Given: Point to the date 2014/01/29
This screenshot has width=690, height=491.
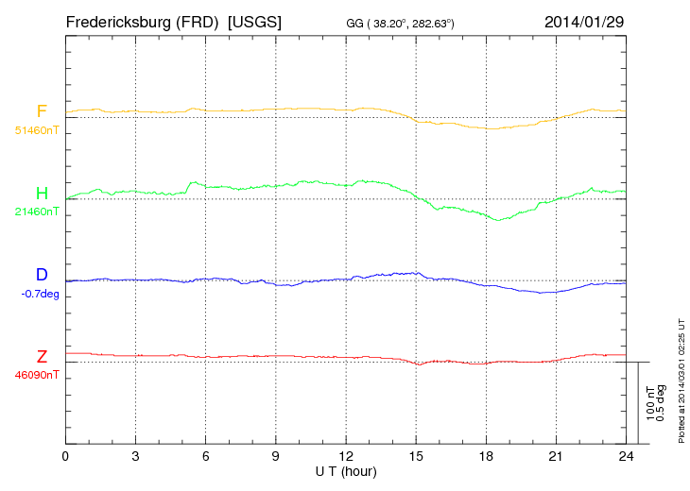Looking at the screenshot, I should tap(584, 21).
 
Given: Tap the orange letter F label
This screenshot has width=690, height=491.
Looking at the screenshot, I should tap(42, 111).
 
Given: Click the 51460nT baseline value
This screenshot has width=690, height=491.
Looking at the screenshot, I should tap(36, 129).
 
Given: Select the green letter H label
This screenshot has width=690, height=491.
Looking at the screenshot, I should tap(42, 194).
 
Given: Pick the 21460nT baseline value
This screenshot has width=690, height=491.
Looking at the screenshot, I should tap(36, 212).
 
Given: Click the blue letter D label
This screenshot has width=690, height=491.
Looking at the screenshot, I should tap(42, 275).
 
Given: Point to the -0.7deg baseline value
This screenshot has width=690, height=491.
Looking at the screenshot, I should tap(39, 293).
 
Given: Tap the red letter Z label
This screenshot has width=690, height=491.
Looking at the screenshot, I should tap(42, 357).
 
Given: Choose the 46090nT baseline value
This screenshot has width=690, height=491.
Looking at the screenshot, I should tap(36, 375).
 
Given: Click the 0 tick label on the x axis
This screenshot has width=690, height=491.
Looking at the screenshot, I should tap(65, 456).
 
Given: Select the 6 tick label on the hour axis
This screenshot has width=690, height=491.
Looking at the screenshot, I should tap(206, 456).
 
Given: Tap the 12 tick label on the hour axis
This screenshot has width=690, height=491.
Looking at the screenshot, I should tap(346, 456).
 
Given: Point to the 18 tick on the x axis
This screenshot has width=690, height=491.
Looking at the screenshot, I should tap(486, 456).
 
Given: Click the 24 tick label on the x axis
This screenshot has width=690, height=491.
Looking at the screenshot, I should tap(626, 456).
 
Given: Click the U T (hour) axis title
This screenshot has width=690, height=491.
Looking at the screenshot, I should tap(346, 470).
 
